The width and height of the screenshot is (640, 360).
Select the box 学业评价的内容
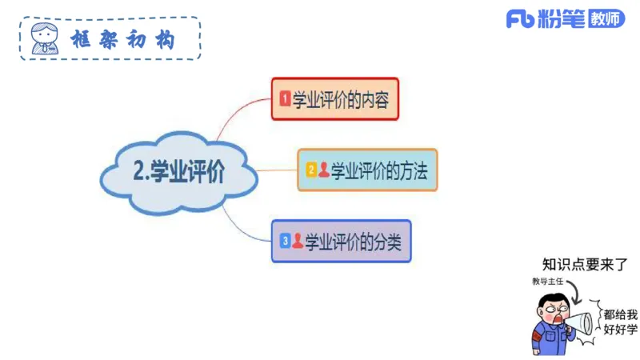[x=334, y=98]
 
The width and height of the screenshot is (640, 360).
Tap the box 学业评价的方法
[x=367, y=170]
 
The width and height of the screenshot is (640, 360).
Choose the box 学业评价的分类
[x=341, y=240]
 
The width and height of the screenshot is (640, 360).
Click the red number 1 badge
[x=284, y=99]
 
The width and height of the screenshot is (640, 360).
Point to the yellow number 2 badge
[x=311, y=170]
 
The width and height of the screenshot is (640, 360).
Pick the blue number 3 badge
[x=285, y=240]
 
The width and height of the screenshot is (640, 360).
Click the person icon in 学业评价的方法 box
[x=323, y=170]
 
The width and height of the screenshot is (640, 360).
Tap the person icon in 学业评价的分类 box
[x=297, y=240]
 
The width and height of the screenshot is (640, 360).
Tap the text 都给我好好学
[x=621, y=321]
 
